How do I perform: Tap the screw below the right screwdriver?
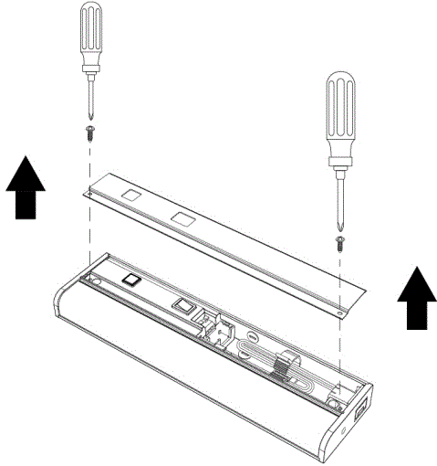click(x=339, y=241)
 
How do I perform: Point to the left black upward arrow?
click(x=26, y=187)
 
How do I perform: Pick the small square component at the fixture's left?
click(x=131, y=280)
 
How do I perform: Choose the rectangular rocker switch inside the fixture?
click(x=181, y=306)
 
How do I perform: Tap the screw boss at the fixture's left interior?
click(x=90, y=271)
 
